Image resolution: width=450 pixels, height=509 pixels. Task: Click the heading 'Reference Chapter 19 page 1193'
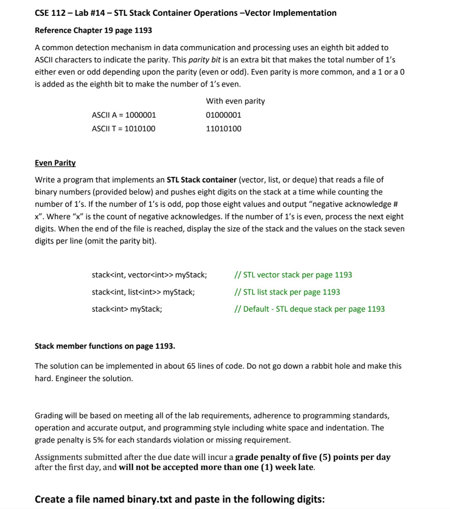[93, 30]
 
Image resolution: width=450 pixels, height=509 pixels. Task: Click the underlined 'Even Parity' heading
[55, 163]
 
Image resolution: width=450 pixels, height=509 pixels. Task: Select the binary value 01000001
[223, 115]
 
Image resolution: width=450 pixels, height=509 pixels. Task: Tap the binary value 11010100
[223, 129]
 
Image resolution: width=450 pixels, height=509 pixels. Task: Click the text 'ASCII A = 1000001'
[124, 115]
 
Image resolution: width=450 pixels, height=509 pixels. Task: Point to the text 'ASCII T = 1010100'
[123, 129]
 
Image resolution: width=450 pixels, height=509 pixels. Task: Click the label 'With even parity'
[235, 101]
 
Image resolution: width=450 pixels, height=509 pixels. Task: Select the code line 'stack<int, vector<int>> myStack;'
[150, 275]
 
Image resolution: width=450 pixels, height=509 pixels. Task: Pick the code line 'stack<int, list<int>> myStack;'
[143, 292]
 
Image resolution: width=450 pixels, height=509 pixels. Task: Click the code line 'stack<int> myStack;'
[127, 309]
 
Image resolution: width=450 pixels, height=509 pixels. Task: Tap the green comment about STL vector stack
[293, 275]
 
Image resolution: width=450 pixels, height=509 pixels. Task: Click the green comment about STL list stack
[287, 292]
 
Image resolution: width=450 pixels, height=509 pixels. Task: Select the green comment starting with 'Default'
[309, 309]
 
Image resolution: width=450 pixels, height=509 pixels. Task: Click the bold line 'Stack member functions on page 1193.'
[105, 345]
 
